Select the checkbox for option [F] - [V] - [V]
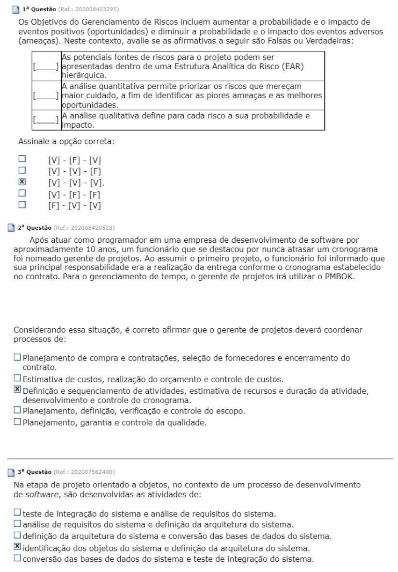pos(21,205)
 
